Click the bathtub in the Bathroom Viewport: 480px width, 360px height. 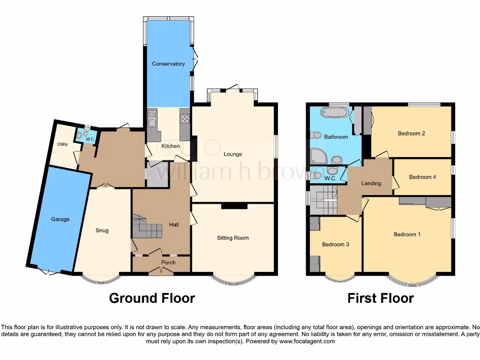pyautogui.click(x=334, y=113)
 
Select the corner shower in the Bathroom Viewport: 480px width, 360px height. pyautogui.click(x=318, y=155)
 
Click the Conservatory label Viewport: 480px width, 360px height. pyautogui.click(x=168, y=64)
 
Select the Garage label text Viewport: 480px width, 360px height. pyautogui.click(x=60, y=219)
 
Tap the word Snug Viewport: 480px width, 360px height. pyautogui.click(x=102, y=230)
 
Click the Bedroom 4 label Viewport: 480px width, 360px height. pyautogui.click(x=422, y=177)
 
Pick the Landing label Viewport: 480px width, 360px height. pyautogui.click(x=371, y=183)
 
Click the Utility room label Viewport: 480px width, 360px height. pyautogui.click(x=62, y=144)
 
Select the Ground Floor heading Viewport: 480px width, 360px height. pyautogui.click(x=152, y=298)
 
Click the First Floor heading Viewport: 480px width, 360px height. pyautogui.click(x=380, y=298)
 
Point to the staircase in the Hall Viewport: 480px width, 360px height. pyautogui.click(x=145, y=228)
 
